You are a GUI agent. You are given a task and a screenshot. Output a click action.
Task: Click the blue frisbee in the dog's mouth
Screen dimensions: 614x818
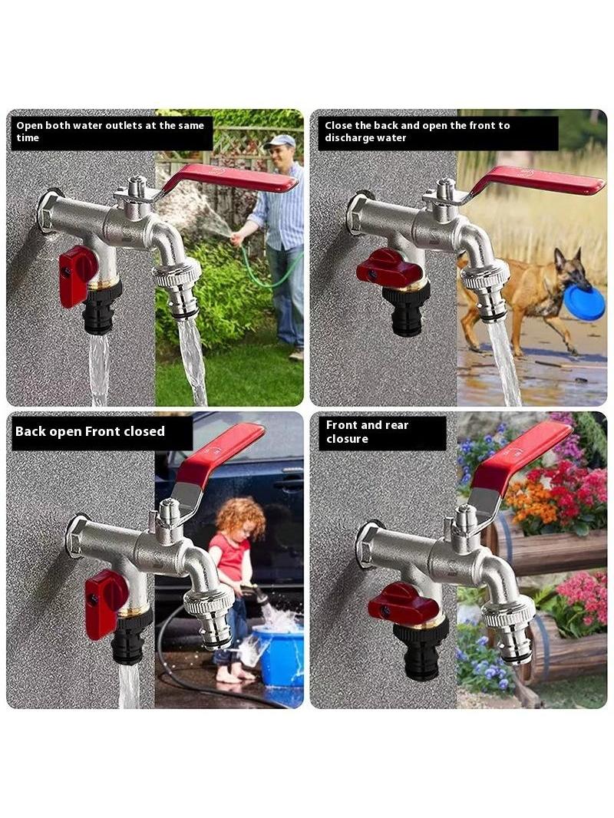click(x=584, y=303)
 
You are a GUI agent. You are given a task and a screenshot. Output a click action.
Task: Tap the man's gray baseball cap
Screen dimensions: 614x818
click(x=280, y=141)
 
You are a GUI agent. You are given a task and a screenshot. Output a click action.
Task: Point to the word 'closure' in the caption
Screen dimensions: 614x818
click(x=347, y=439)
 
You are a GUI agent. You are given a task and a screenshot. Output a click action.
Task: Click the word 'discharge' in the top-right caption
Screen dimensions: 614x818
click(x=349, y=138)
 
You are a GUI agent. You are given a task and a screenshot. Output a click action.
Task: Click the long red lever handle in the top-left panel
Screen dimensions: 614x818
click(x=229, y=179)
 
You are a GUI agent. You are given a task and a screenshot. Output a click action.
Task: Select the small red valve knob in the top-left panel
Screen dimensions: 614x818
click(x=78, y=275)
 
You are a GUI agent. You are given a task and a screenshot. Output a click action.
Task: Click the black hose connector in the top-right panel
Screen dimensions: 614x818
click(x=406, y=308)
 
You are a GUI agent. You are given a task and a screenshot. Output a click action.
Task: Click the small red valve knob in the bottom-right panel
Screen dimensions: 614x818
click(x=403, y=605)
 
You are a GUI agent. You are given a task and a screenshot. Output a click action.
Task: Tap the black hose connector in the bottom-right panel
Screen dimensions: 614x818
click(x=419, y=651)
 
